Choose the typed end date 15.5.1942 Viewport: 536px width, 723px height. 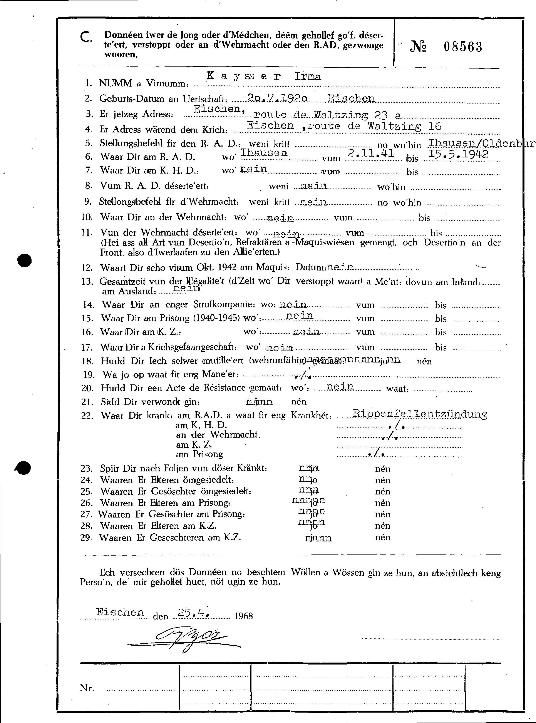(x=458, y=154)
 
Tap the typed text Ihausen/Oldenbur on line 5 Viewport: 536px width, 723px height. (x=480, y=143)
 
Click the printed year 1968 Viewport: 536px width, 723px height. (x=243, y=616)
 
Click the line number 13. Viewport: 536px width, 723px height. (x=87, y=282)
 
